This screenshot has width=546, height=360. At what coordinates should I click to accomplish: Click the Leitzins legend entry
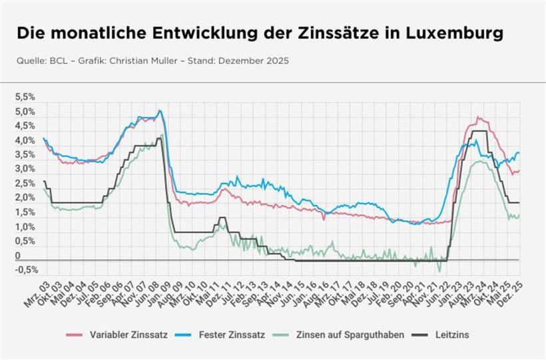(x=451, y=335)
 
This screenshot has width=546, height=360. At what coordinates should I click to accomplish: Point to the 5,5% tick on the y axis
(x=25, y=96)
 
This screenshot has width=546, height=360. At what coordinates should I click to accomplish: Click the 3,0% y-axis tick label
(x=25, y=169)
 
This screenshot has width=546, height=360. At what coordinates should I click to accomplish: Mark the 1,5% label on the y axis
(x=25, y=212)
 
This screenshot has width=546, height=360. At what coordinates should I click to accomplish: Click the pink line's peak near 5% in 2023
(x=478, y=118)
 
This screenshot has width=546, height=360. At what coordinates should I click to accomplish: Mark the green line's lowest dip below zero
(x=439, y=271)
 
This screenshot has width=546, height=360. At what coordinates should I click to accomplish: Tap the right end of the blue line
(x=519, y=154)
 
